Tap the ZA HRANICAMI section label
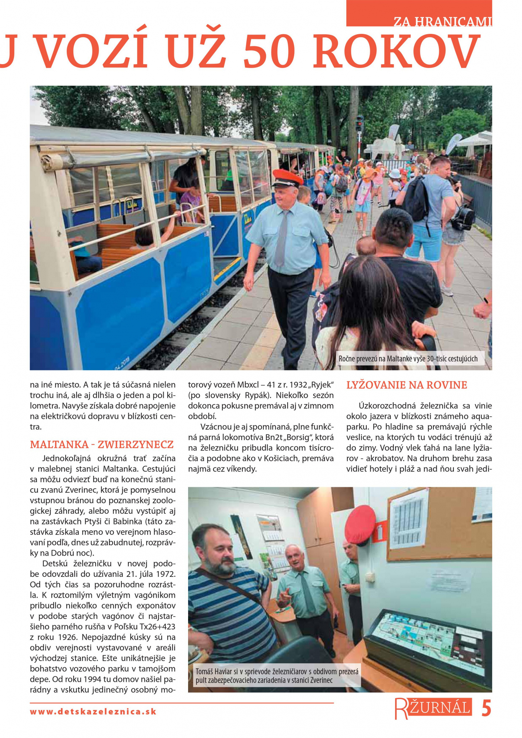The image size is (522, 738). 442,22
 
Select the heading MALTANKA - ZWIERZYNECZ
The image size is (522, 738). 102,444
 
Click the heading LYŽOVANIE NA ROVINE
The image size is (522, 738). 406,385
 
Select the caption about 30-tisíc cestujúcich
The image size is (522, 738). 408,359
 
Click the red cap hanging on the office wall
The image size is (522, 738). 360,525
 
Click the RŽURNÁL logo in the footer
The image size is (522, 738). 433,709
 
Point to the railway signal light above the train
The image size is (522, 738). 359,124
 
